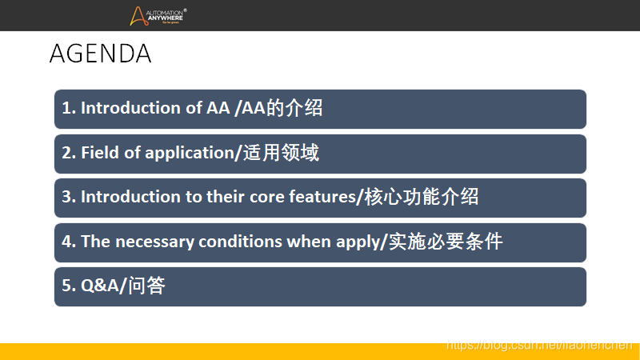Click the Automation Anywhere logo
[158, 16]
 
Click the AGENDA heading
[101, 54]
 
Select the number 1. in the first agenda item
[69, 108]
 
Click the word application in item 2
[190, 154]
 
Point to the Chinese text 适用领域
[281, 153]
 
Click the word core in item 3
[267, 197]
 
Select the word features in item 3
[323, 197]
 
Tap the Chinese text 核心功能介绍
[422, 197]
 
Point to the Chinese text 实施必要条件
[446, 242]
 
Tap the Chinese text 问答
[146, 286]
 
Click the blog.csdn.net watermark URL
[539, 346]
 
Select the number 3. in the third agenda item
[69, 197]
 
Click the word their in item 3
[226, 197]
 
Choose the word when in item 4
[309, 242]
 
